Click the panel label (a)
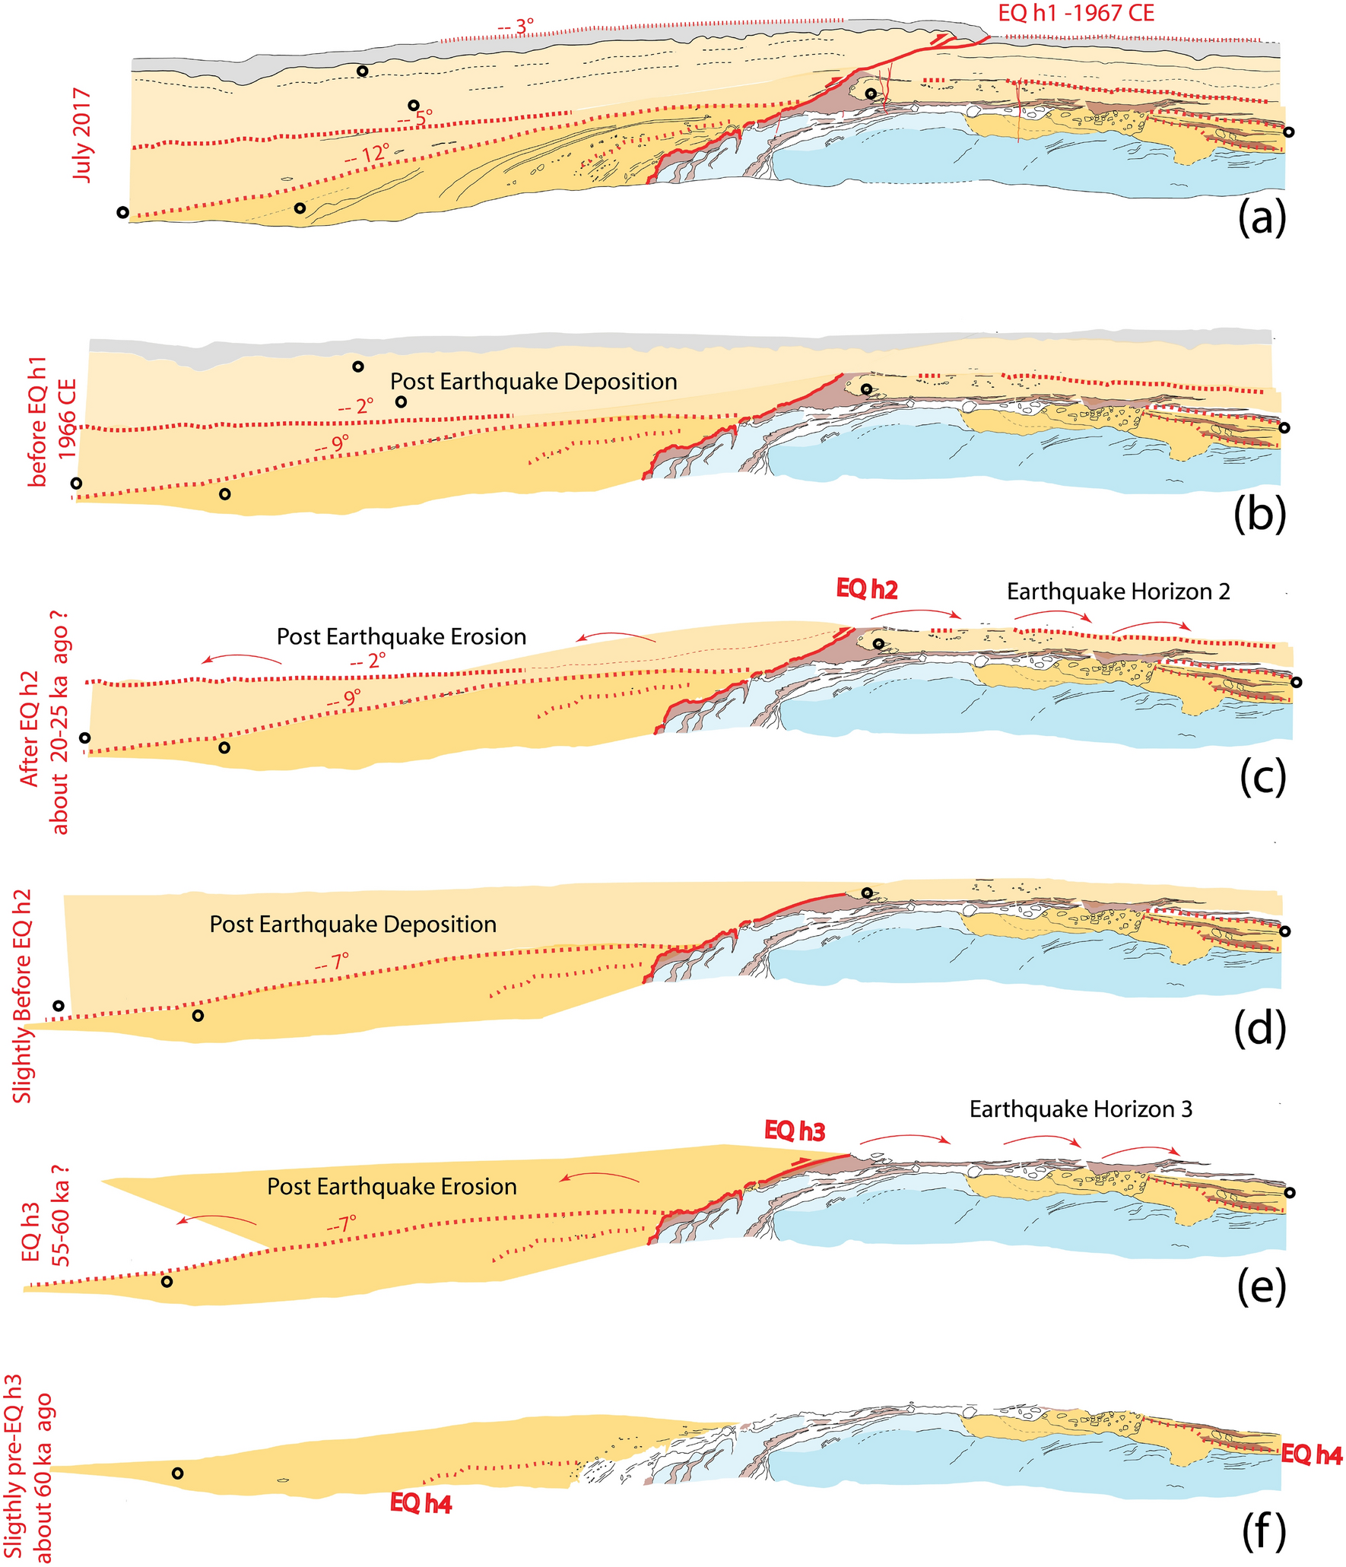1262,220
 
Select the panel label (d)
1260,1028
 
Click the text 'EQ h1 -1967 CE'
1075,13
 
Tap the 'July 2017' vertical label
82,135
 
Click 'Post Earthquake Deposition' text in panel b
534,382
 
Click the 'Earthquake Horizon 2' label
1118,592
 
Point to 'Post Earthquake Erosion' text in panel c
402,636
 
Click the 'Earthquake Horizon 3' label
1081,1109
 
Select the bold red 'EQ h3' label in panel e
795,1131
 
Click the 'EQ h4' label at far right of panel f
1311,1454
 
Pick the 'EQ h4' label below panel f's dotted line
421,1503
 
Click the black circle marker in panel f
177,1473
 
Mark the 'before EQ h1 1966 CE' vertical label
51,420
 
